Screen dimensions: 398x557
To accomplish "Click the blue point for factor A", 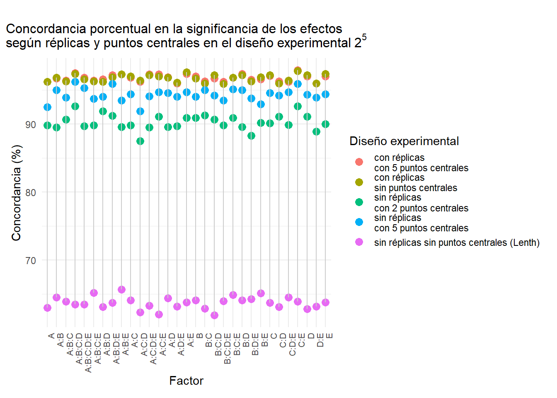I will coord(47,107).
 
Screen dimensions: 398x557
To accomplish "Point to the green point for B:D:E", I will coord(251,136).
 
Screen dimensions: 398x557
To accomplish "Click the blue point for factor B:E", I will coord(261,104).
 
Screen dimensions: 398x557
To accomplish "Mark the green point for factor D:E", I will coord(316,131).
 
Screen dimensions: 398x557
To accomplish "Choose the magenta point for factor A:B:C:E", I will coord(94,293).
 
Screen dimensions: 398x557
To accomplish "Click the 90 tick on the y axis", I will coord(31,124).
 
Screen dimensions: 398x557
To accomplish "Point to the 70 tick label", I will coord(31,260).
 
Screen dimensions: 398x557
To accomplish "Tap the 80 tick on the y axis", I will coord(31,192).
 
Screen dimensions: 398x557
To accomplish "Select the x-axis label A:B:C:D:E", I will coord(88,352).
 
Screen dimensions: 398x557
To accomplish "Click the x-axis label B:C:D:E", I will coord(228,348).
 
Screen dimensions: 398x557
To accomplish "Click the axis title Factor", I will coord(186,381).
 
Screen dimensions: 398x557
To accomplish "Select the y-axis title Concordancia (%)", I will coord(16,193).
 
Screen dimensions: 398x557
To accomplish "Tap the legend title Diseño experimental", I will coord(404,141).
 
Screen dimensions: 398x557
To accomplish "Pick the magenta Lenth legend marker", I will coord(359,242).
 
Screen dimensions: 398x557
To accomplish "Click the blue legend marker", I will coord(359,222).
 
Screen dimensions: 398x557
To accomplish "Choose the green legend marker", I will coord(359,202).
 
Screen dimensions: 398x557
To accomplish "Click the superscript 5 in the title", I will coord(364,37).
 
